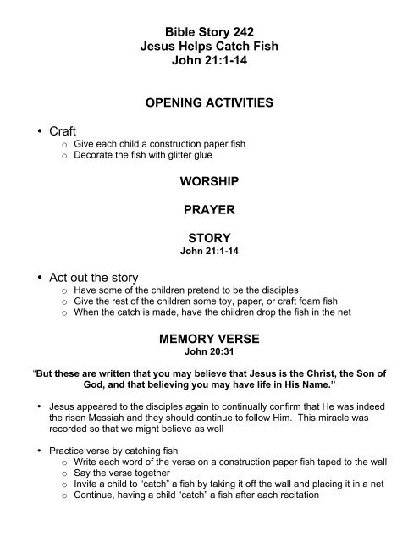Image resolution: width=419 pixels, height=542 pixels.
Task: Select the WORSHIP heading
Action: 209,182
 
